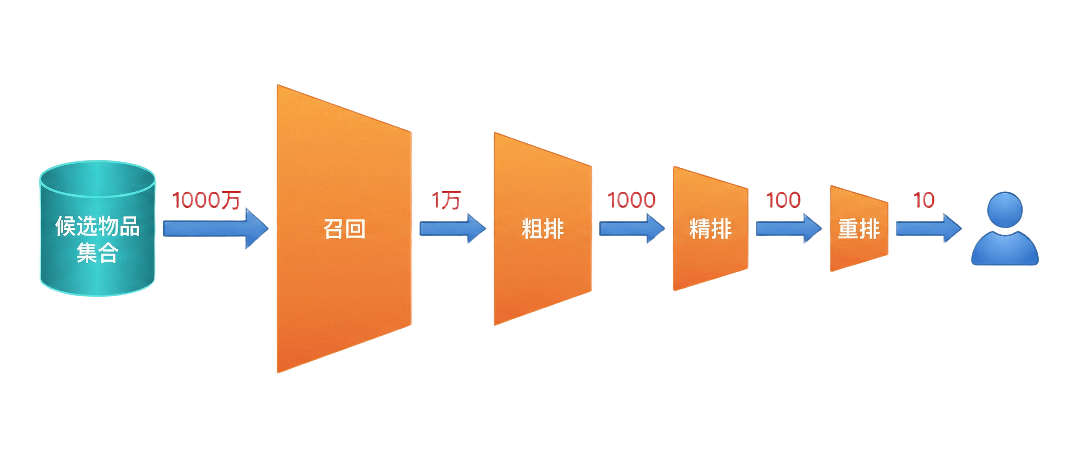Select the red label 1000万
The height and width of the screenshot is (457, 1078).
tap(206, 200)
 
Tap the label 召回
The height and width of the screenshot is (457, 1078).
tap(344, 229)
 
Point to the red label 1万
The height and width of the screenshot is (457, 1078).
tap(446, 200)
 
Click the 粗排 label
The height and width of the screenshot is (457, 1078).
tap(542, 229)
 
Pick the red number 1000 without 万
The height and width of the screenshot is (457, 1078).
tap(631, 200)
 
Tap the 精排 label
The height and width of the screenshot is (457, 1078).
tap(710, 229)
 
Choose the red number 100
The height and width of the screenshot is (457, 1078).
tap(783, 200)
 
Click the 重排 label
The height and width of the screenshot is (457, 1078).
tap(859, 229)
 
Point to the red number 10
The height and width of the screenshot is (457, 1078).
tap(923, 200)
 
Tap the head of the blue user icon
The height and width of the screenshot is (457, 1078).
tap(1004, 209)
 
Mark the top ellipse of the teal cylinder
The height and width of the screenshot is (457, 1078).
tap(97, 179)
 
